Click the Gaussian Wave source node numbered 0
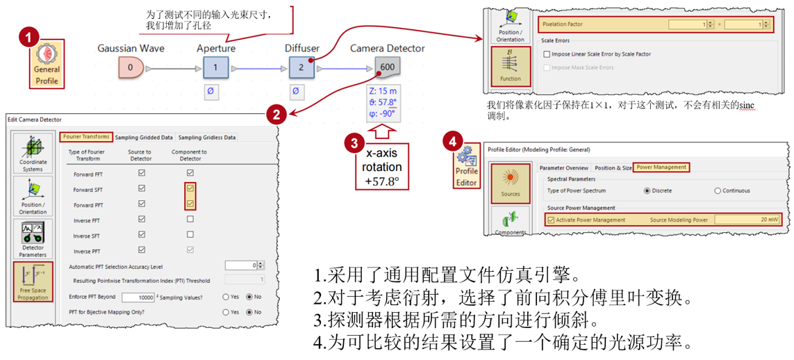tap(131, 67)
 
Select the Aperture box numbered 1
tap(215, 67)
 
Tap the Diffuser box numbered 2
tap(301, 67)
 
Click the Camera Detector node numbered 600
tap(387, 67)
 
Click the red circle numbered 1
tap(28, 38)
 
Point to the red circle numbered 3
tap(355, 144)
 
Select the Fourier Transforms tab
tap(86, 137)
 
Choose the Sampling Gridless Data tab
tap(207, 137)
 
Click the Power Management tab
tap(661, 167)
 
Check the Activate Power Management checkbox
tap(552, 220)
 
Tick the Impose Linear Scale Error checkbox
tap(547, 54)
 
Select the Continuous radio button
tap(718, 190)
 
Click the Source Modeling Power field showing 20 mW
tap(746, 220)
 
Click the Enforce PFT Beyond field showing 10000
tap(137, 297)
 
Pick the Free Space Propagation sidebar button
tap(33, 281)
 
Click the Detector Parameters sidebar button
tap(33, 240)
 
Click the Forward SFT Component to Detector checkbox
tap(190, 188)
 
